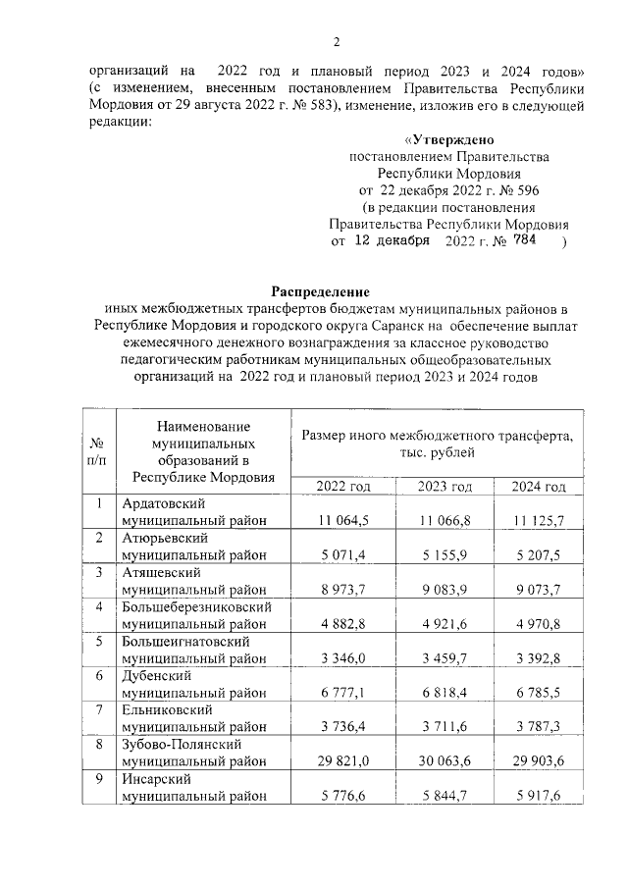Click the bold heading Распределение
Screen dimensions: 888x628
point(320,291)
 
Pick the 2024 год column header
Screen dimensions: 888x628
point(539,487)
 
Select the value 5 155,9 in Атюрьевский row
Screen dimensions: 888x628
point(445,554)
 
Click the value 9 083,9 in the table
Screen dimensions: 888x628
point(445,589)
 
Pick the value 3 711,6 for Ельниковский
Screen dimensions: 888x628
point(445,726)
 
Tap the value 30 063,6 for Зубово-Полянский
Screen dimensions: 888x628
point(445,760)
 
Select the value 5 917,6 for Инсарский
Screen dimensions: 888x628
point(539,795)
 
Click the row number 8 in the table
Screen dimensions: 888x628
point(98,744)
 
